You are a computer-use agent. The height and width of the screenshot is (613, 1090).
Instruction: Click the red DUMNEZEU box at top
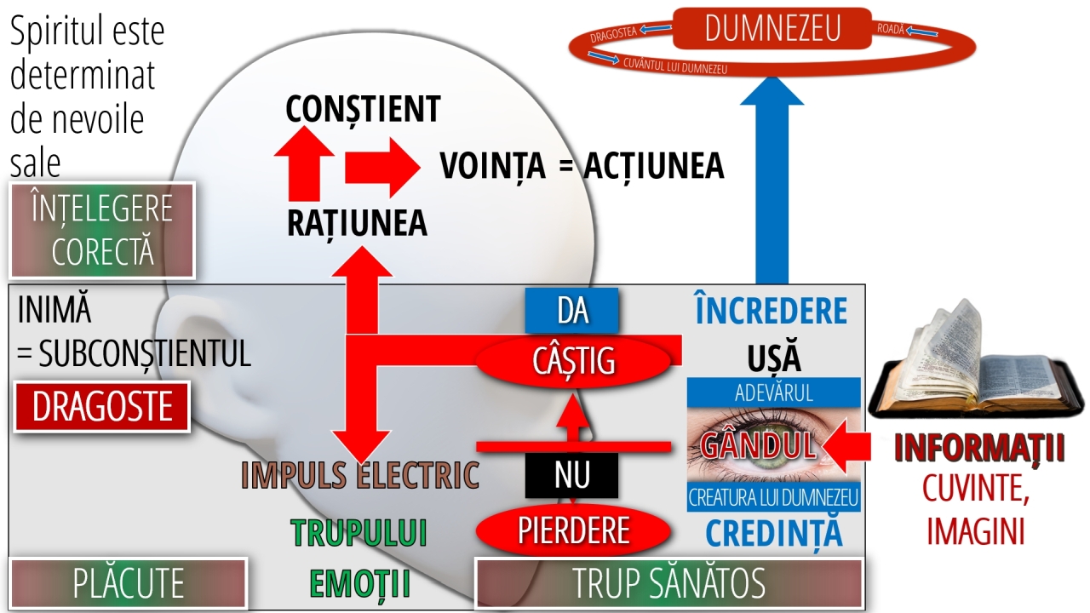tap(772, 28)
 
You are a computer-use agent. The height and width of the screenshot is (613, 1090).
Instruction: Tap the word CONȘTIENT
tap(363, 109)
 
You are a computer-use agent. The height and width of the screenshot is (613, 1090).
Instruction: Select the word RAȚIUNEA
tap(357, 222)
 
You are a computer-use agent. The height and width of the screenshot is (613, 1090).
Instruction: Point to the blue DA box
tap(571, 311)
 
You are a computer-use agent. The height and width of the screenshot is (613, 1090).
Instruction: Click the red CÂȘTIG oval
tap(573, 362)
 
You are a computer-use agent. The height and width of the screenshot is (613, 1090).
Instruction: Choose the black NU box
tap(571, 475)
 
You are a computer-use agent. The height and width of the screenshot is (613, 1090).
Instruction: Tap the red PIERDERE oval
tap(573, 530)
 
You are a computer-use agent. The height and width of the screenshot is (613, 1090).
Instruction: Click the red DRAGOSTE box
tap(102, 407)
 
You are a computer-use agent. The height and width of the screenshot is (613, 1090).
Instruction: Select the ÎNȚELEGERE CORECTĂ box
tap(102, 230)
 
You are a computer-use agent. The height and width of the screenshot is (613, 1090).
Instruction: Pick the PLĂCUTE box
tap(128, 583)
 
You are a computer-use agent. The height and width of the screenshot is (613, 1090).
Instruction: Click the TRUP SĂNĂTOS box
tap(668, 583)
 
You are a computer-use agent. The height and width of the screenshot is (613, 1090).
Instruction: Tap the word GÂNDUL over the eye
tap(758, 444)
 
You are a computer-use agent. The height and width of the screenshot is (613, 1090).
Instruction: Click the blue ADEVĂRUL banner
tap(773, 392)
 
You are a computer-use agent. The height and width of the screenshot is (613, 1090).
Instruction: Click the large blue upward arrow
tap(772, 187)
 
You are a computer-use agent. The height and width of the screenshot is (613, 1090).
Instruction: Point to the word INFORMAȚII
tap(979, 449)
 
